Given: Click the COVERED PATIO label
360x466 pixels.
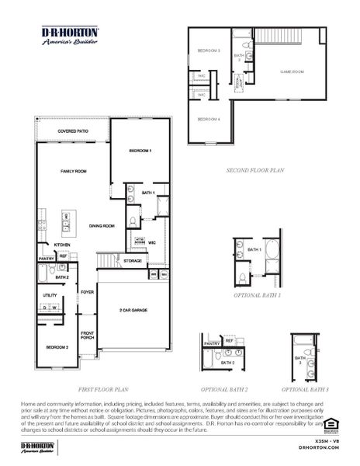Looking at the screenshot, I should (72, 132).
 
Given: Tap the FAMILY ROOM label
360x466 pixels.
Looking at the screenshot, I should (73, 170).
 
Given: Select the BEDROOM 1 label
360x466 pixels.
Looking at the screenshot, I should (140, 150).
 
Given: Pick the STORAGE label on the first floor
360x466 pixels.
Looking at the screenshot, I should (133, 261).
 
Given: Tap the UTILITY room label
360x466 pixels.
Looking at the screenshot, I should (50, 295).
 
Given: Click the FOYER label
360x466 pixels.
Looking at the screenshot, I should (88, 292).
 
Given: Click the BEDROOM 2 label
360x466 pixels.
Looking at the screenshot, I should (56, 346).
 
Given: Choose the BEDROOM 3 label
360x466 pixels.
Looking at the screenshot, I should (208, 50).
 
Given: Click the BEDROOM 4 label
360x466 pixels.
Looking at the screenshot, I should (208, 119).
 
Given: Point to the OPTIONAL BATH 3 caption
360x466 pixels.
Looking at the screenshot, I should (305, 388).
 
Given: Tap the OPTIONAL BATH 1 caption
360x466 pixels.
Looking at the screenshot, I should (257, 296).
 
